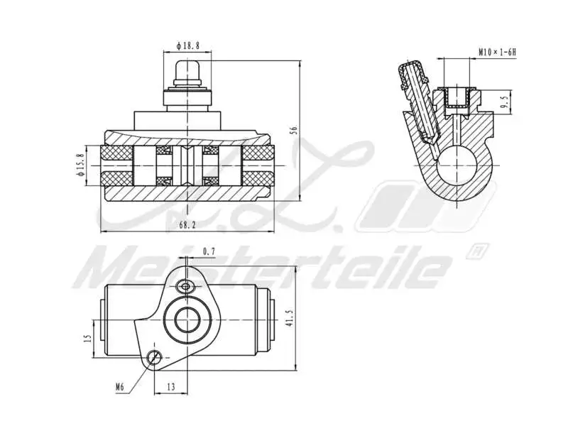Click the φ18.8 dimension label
(x=188, y=45)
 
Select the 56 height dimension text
(x=293, y=129)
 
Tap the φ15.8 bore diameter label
(x=80, y=164)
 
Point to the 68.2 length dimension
(x=187, y=225)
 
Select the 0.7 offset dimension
(x=209, y=251)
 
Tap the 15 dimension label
(x=87, y=339)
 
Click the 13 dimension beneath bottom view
(x=171, y=387)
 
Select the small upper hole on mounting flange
(x=187, y=286)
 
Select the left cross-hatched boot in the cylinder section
(x=118, y=165)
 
